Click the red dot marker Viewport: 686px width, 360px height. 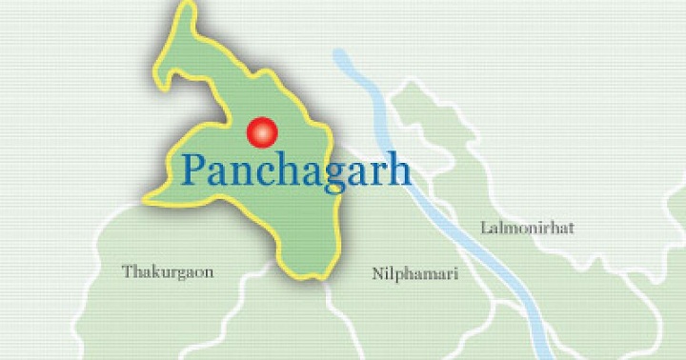[x=261, y=132]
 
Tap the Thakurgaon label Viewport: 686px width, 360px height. [x=168, y=272]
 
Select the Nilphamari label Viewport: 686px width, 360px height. [x=414, y=274]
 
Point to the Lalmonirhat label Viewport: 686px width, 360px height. [x=528, y=228]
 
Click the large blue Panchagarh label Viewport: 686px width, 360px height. [x=295, y=171]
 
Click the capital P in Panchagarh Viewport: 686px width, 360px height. [x=193, y=170]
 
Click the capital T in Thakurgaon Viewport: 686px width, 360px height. [x=128, y=272]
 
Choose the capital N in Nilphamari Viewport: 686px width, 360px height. [x=376, y=274]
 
